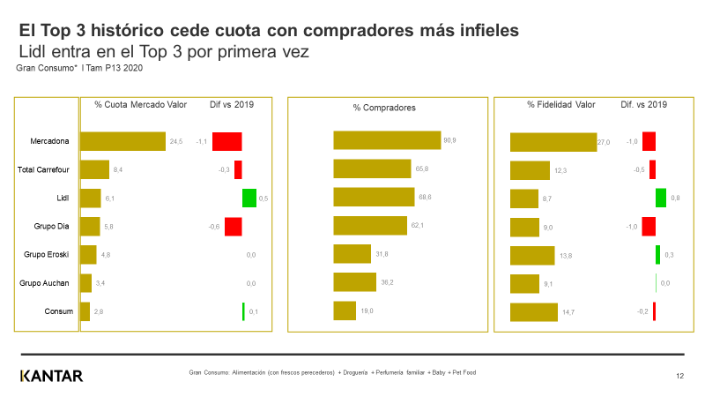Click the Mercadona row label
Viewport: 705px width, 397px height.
coord(49,141)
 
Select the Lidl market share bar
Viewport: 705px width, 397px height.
coord(91,198)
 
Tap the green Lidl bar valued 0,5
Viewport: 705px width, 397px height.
coord(249,198)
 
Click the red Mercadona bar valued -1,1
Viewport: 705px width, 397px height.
coord(226,141)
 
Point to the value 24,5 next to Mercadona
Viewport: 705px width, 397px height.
coord(176,141)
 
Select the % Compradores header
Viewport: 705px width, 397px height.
coord(384,108)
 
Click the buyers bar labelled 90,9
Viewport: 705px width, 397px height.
coord(387,140)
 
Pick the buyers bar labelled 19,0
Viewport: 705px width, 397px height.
coord(345,311)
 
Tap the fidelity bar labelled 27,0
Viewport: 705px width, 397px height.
coord(553,142)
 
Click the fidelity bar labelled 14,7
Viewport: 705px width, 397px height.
coord(534,311)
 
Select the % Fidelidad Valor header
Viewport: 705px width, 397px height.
coord(561,104)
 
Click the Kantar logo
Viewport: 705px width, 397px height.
coord(51,376)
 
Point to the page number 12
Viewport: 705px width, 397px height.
coord(679,377)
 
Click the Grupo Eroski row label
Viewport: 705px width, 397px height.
coord(45,255)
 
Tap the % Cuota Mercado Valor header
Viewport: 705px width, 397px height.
coord(140,104)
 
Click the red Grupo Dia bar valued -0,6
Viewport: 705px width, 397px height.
coord(233,227)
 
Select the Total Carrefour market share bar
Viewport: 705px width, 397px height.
coord(94,169)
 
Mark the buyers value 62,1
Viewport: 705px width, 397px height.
coord(418,226)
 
